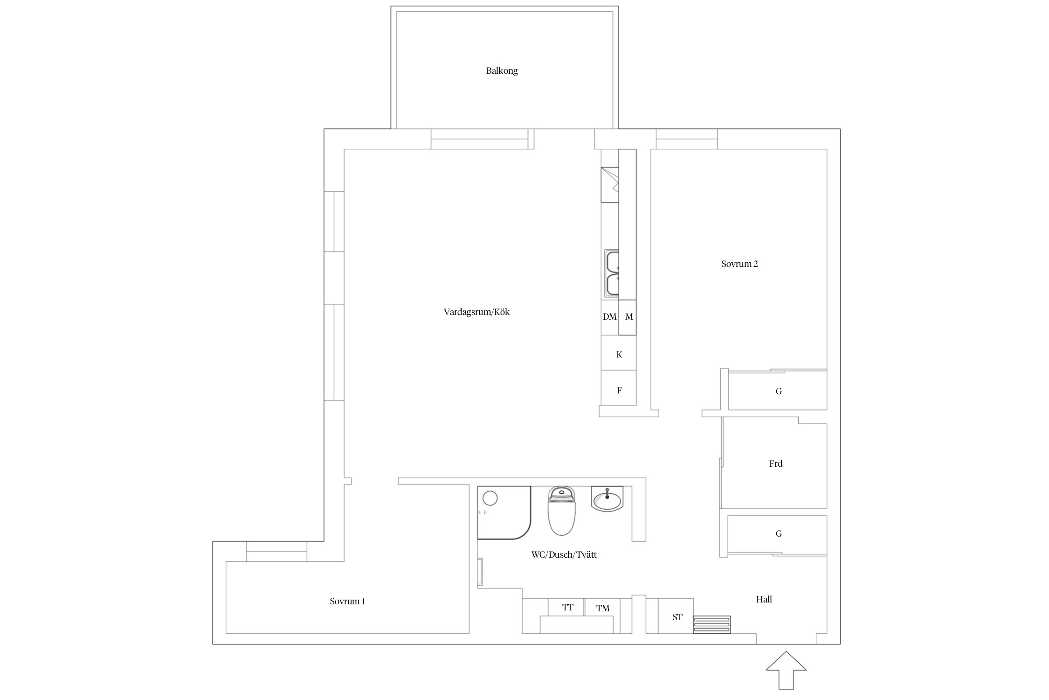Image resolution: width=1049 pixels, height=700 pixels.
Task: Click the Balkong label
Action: [x=502, y=71]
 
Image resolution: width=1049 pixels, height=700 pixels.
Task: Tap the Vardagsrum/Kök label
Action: [x=476, y=312]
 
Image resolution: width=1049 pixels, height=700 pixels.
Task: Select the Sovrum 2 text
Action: [x=739, y=264]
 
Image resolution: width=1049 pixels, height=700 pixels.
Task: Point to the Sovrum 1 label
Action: [x=347, y=601]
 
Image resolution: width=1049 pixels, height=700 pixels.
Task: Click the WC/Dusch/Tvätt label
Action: [x=564, y=554]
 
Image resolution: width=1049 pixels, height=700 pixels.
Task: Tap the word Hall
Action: [x=764, y=599]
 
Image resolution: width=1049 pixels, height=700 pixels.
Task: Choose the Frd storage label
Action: [x=775, y=463]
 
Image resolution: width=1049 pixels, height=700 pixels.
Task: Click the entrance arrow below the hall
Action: [x=786, y=670]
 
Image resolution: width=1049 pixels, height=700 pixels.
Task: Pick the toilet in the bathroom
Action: [x=562, y=511]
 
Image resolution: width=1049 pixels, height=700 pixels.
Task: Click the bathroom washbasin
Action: [x=607, y=498]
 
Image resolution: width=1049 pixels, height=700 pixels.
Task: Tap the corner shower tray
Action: [x=504, y=512]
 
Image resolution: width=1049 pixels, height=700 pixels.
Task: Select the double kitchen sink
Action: [x=612, y=273]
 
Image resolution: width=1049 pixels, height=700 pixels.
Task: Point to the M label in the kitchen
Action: [x=629, y=317]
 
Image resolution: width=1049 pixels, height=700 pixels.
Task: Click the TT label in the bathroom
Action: [x=567, y=607]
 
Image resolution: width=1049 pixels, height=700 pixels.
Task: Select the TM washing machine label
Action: [x=603, y=608]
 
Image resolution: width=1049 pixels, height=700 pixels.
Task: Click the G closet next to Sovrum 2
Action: [x=778, y=391]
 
